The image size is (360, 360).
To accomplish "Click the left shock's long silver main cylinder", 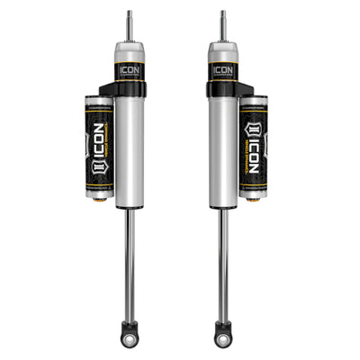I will pyautogui.click(x=130, y=153).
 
